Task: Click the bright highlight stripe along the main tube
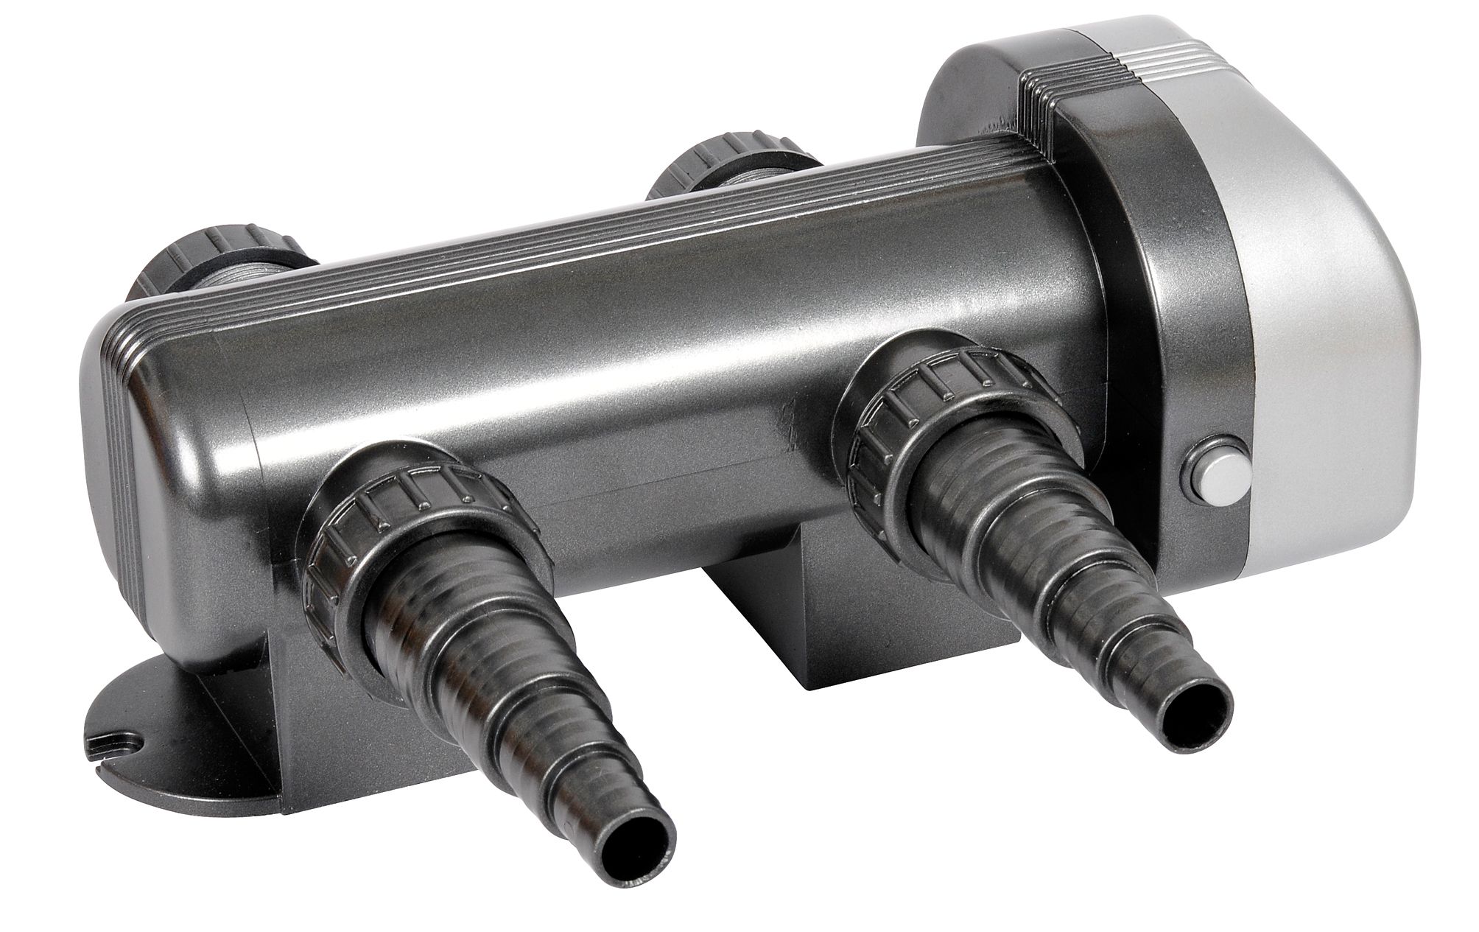pos(589,309)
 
